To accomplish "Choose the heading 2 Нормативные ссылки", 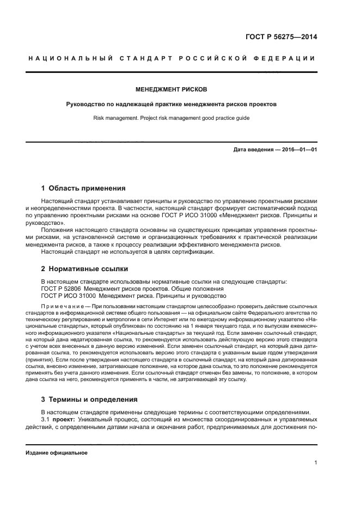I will [84, 268].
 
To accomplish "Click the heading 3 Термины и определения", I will [89, 399].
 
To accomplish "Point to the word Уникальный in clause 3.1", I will [96, 420].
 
